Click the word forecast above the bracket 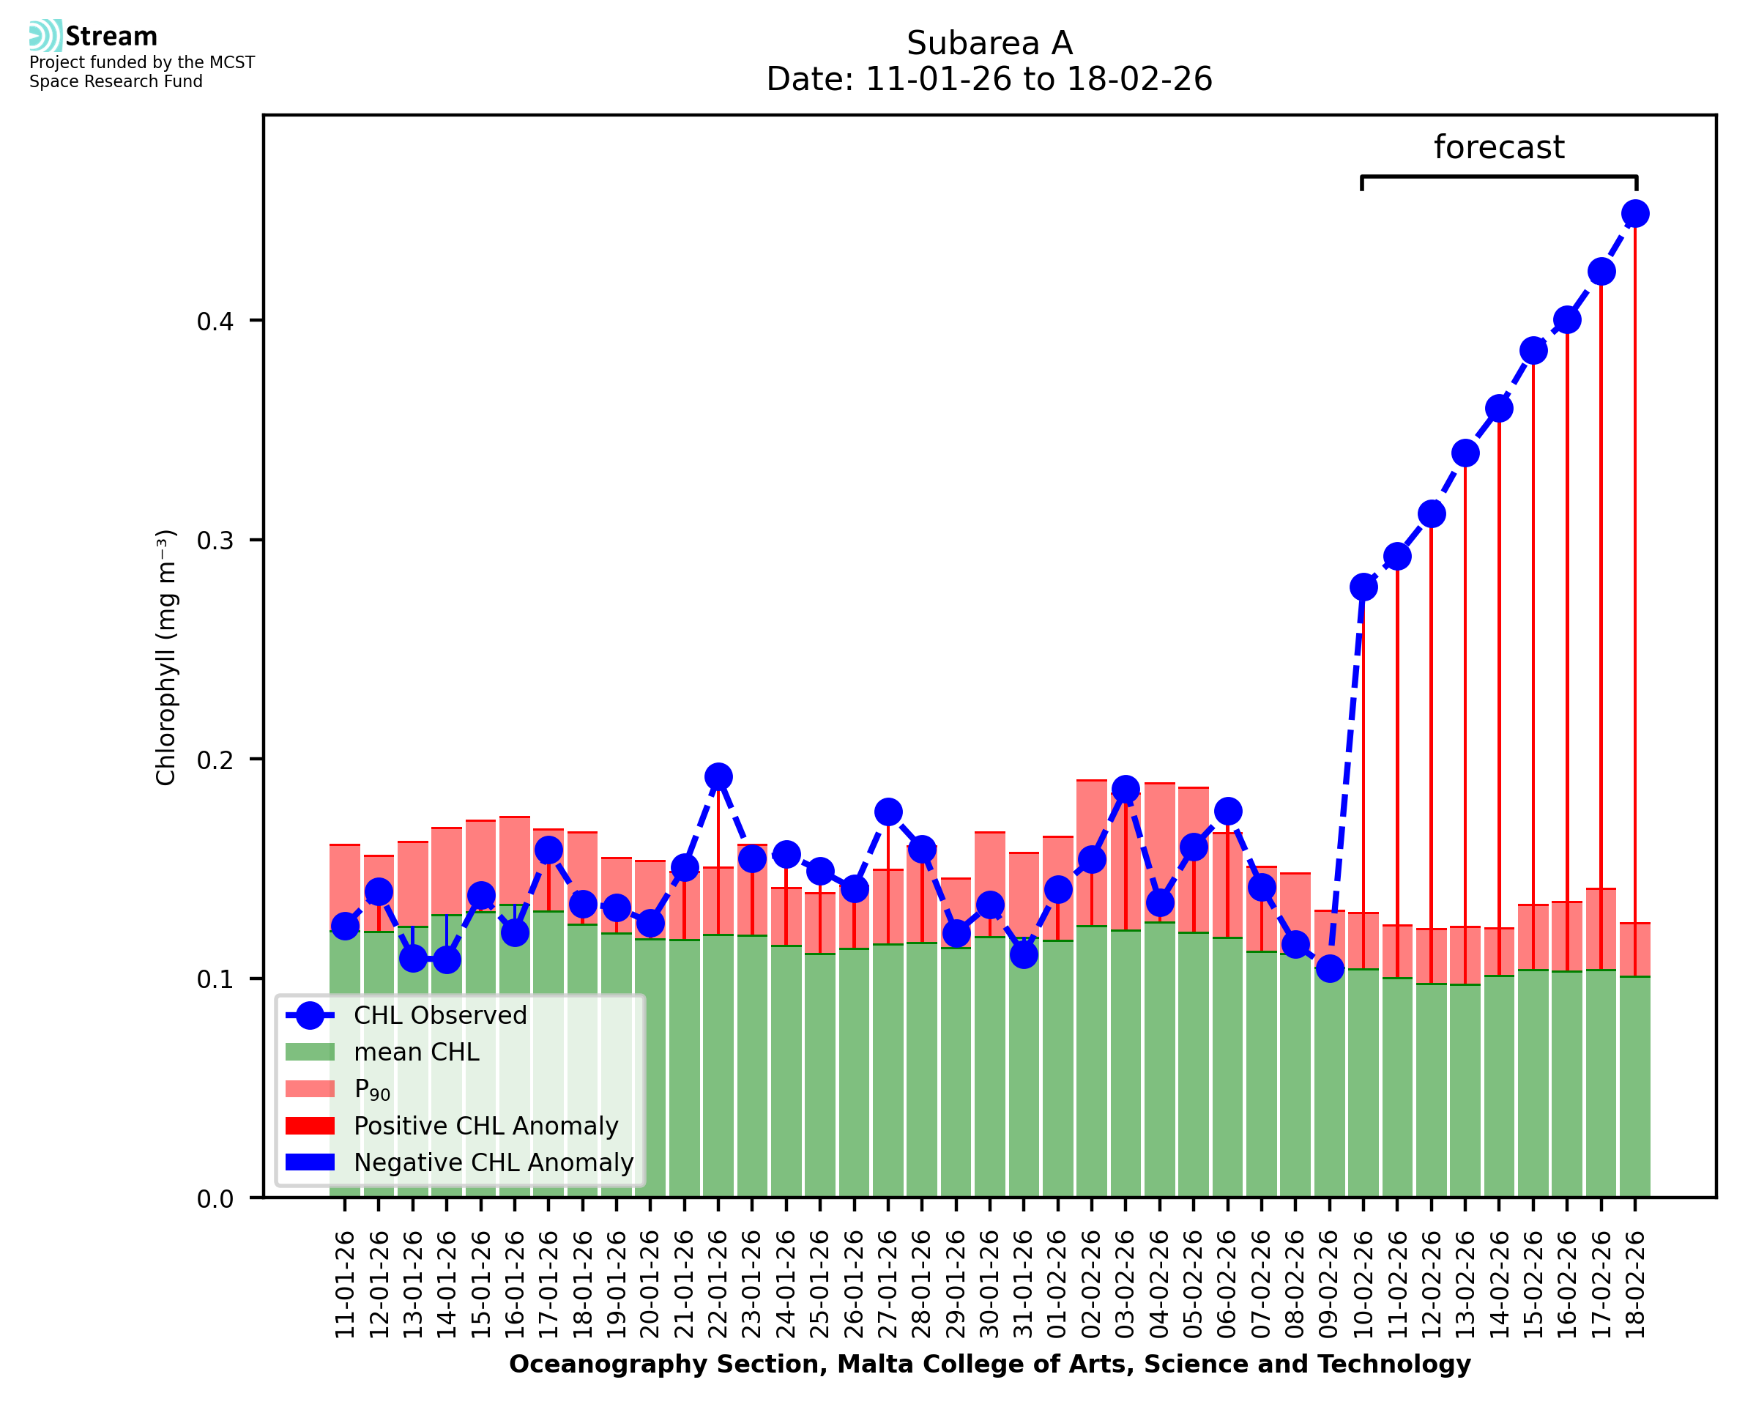tap(1498, 147)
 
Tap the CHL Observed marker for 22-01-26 tap(718, 776)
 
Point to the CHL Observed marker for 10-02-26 tap(1363, 587)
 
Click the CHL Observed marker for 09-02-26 tap(1329, 968)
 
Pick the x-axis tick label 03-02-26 tap(1125, 1285)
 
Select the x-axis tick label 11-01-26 tap(345, 1285)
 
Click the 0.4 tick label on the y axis tap(215, 321)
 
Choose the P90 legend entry tap(372, 1089)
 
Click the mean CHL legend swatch tap(310, 1052)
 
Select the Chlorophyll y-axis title tap(165, 657)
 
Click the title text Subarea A tap(989, 43)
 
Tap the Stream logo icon tap(45, 36)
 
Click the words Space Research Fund tap(116, 82)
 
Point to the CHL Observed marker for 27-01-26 tap(888, 812)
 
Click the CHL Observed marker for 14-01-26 tap(447, 959)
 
